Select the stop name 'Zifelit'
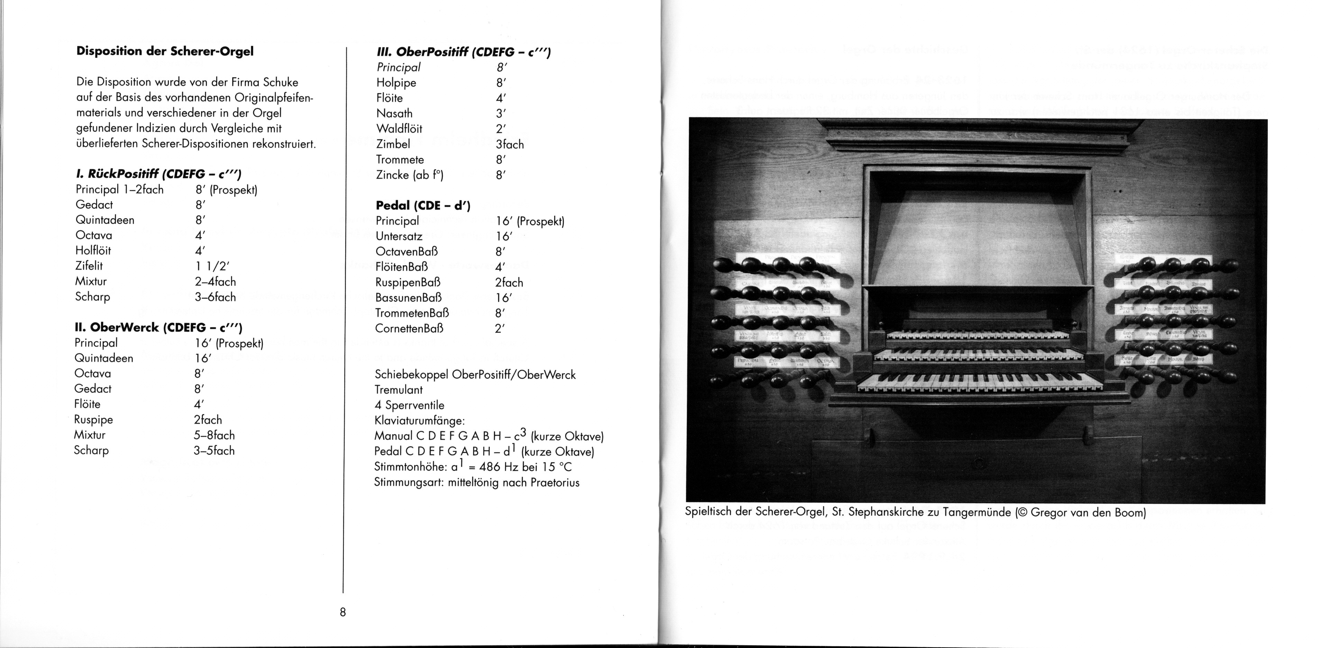(x=89, y=266)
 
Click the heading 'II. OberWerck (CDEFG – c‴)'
(x=158, y=327)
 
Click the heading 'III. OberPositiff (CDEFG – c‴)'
(x=464, y=52)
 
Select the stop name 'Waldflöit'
(x=400, y=128)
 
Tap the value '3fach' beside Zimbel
(x=510, y=144)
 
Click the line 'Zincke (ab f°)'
(x=410, y=175)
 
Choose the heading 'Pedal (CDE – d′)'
(x=423, y=205)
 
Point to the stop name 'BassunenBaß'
(x=408, y=298)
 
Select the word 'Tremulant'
(x=399, y=390)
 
